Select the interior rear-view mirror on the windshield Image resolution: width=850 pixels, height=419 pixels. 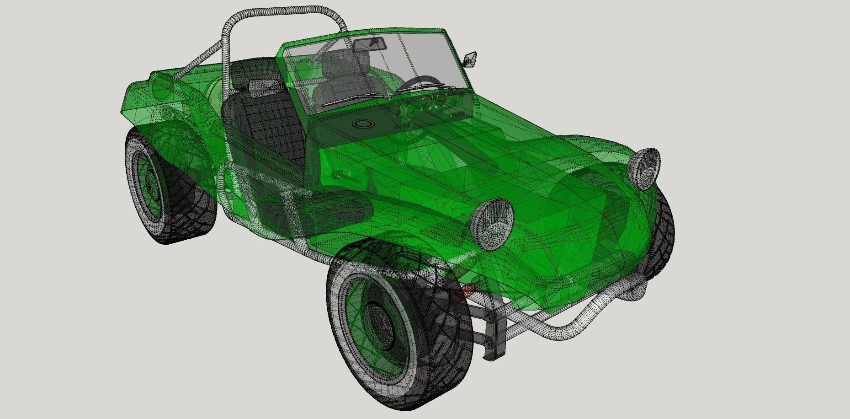[x=371, y=43]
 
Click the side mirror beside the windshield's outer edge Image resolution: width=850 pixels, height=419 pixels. [x=470, y=59]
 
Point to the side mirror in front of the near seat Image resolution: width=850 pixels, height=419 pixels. [x=264, y=86]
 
